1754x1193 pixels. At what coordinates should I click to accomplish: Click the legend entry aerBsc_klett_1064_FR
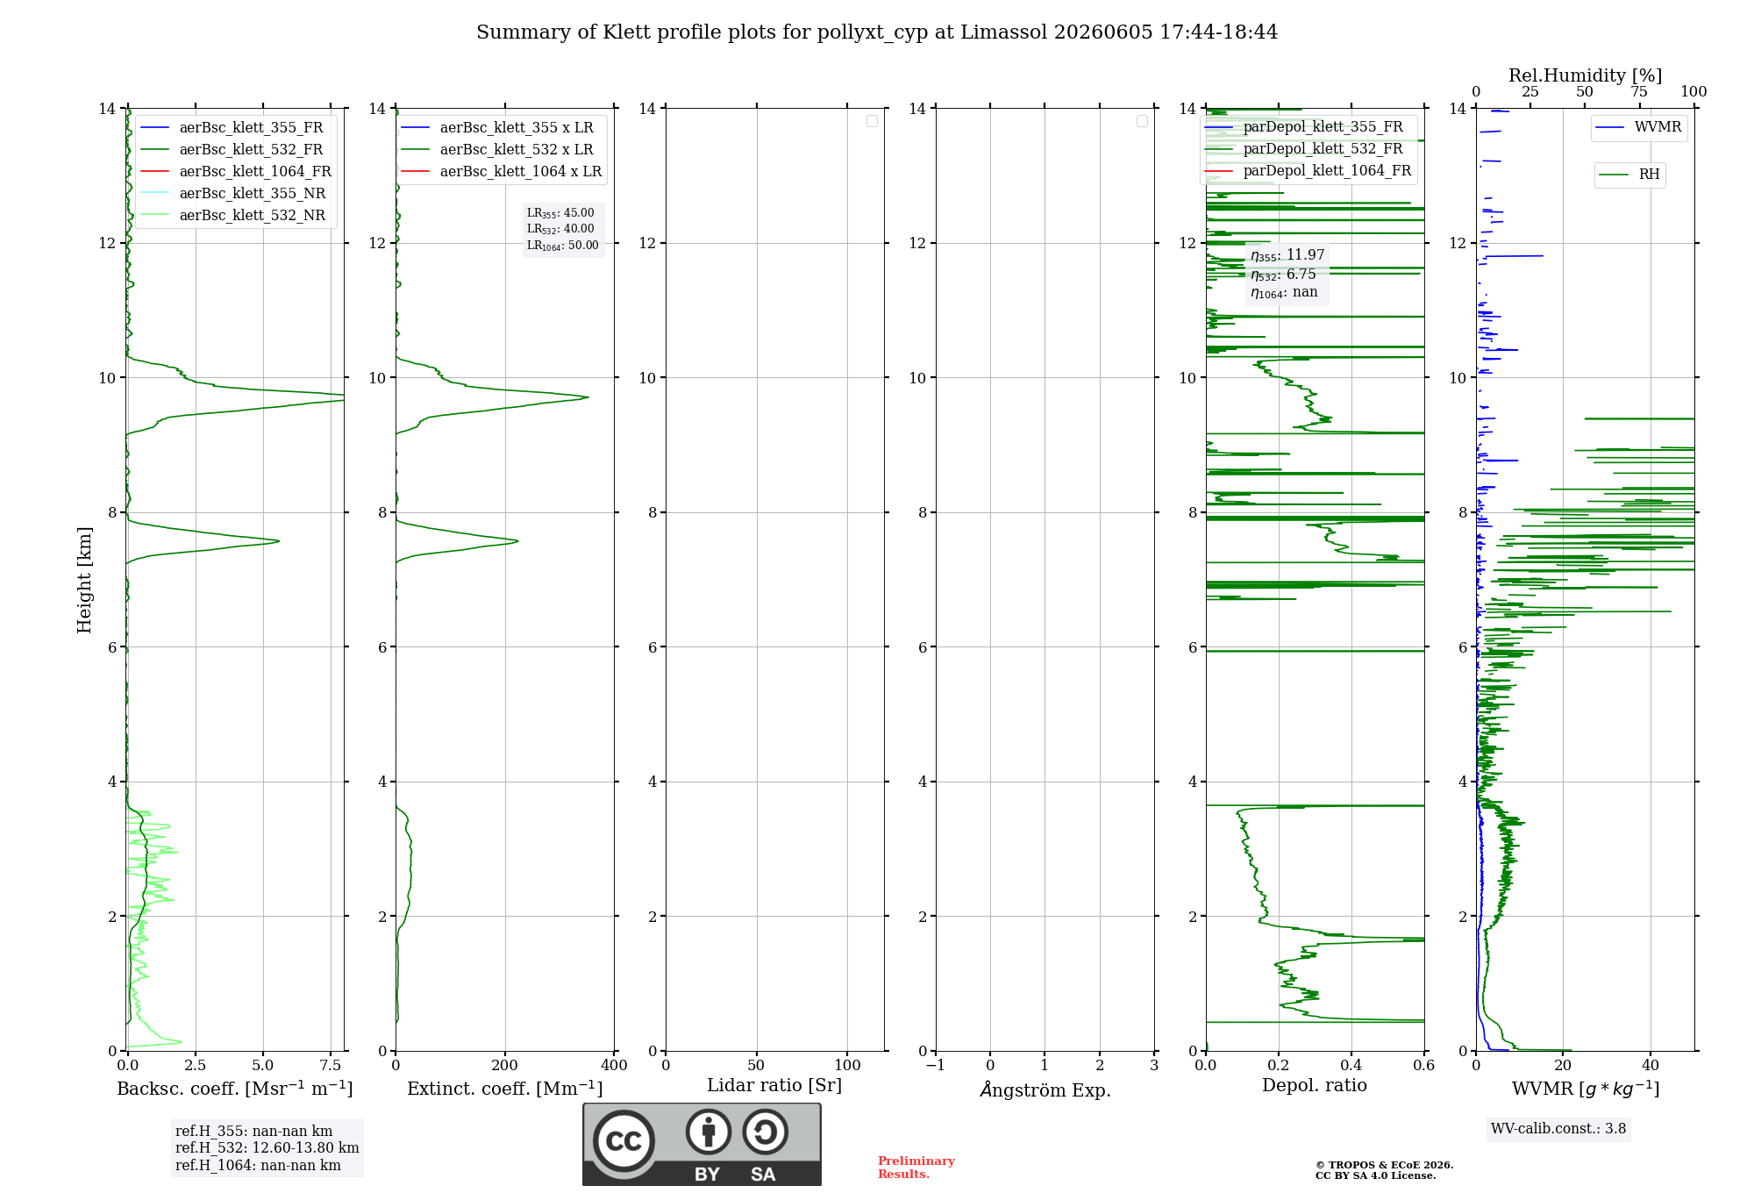(x=235, y=171)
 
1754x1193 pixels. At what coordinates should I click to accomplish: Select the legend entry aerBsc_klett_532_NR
(x=232, y=215)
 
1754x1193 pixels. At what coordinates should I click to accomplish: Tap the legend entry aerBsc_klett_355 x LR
(x=497, y=127)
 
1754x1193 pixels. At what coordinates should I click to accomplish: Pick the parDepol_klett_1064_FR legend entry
(x=1308, y=170)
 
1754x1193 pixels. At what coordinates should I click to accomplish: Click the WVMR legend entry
(x=1638, y=127)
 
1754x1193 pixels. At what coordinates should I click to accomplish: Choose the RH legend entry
(x=1629, y=174)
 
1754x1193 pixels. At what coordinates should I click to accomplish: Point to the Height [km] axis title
(x=84, y=580)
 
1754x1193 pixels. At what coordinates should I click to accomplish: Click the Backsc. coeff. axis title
(x=235, y=1089)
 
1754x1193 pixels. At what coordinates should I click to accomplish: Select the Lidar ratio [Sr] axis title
(x=774, y=1086)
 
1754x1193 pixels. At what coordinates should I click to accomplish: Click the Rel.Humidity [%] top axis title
(x=1586, y=75)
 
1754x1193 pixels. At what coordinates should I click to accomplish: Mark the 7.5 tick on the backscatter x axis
(x=331, y=1066)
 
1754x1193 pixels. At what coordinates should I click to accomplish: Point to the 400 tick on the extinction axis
(x=615, y=1066)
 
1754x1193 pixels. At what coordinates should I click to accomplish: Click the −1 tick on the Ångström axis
(x=936, y=1066)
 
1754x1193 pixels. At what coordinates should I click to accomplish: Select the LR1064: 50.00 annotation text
(x=563, y=246)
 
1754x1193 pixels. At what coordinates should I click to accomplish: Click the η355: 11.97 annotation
(x=1287, y=255)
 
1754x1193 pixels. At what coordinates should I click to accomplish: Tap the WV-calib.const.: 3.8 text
(x=1558, y=1129)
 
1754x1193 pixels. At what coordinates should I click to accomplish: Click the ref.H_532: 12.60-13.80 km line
(x=267, y=1148)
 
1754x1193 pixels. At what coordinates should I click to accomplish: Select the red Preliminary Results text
(x=916, y=1168)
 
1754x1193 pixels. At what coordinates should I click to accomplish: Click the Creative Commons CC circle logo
(x=624, y=1141)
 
